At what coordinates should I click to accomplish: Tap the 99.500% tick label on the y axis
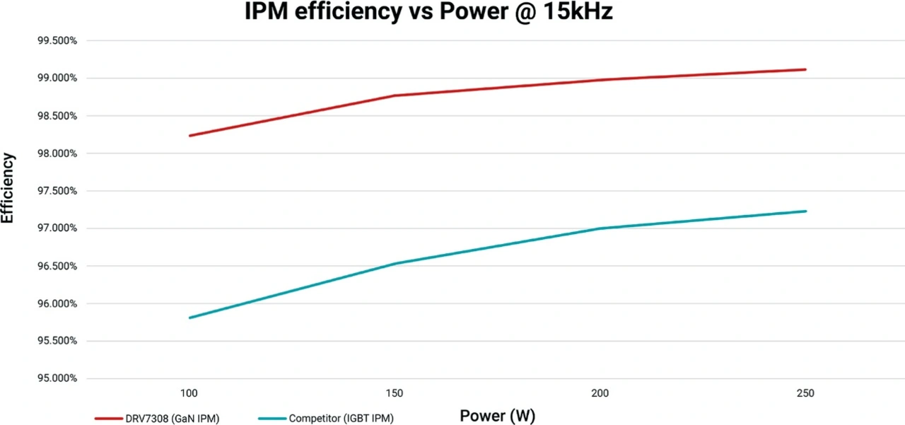click(x=57, y=40)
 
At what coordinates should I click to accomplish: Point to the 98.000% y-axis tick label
click(x=57, y=153)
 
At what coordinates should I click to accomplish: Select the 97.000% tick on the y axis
click(x=57, y=228)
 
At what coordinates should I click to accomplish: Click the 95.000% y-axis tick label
click(x=57, y=378)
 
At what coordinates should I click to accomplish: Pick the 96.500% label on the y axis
click(x=57, y=266)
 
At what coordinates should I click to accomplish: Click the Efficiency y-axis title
click(x=8, y=188)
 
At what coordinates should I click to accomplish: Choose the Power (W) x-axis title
click(x=493, y=415)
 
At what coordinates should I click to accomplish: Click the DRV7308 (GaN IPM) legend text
click(x=174, y=419)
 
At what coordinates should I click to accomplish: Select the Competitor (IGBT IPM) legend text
click(x=341, y=419)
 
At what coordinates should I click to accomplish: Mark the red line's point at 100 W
click(x=189, y=136)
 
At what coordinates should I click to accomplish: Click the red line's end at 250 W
click(x=805, y=69)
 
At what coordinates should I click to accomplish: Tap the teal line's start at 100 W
click(x=189, y=318)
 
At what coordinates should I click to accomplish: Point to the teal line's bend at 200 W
click(x=600, y=228)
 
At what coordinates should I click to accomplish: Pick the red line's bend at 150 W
click(x=394, y=95)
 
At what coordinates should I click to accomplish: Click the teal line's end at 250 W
click(x=805, y=211)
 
